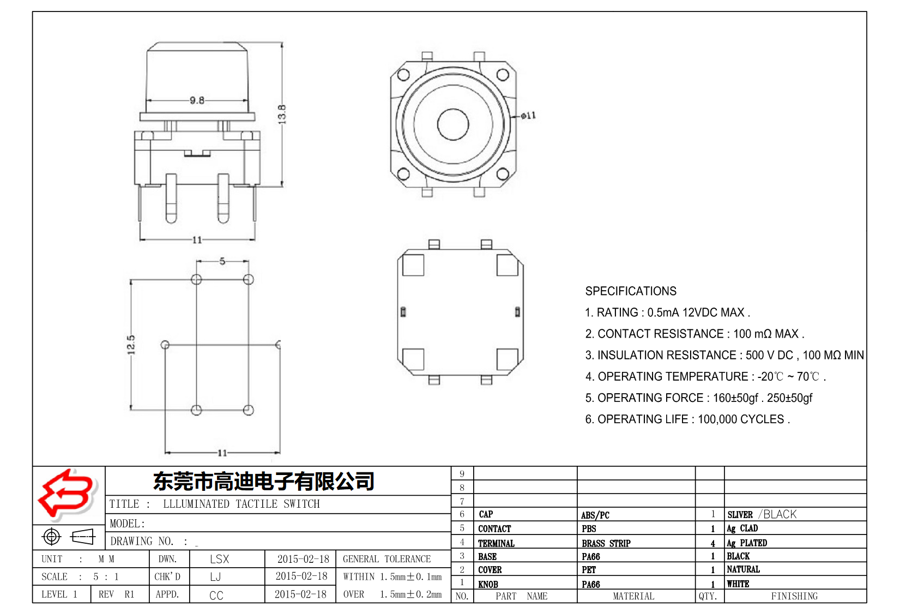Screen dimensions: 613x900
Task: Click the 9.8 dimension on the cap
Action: click(197, 100)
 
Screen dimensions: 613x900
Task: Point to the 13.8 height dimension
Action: click(282, 114)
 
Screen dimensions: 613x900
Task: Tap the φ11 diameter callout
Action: click(528, 116)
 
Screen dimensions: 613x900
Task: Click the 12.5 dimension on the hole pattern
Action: click(131, 345)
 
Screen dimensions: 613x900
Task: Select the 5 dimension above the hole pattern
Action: click(222, 261)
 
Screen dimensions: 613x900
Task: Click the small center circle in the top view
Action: click(453, 124)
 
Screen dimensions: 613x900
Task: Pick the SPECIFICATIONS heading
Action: click(631, 291)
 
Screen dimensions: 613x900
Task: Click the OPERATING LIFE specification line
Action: click(687, 419)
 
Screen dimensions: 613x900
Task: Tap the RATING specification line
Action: click(667, 312)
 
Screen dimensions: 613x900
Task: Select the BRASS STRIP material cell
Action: click(606, 543)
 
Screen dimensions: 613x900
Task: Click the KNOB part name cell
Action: click(488, 584)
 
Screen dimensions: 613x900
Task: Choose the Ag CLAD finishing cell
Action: click(742, 528)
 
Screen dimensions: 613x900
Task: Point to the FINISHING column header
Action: click(794, 596)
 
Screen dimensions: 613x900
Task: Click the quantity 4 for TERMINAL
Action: click(712, 543)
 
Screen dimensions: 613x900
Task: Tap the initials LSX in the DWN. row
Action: click(219, 559)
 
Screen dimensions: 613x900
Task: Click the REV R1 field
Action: click(116, 594)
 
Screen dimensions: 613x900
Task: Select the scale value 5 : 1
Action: click(106, 576)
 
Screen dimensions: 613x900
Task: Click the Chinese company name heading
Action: click(264, 481)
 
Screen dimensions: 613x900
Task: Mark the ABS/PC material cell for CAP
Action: click(595, 515)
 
